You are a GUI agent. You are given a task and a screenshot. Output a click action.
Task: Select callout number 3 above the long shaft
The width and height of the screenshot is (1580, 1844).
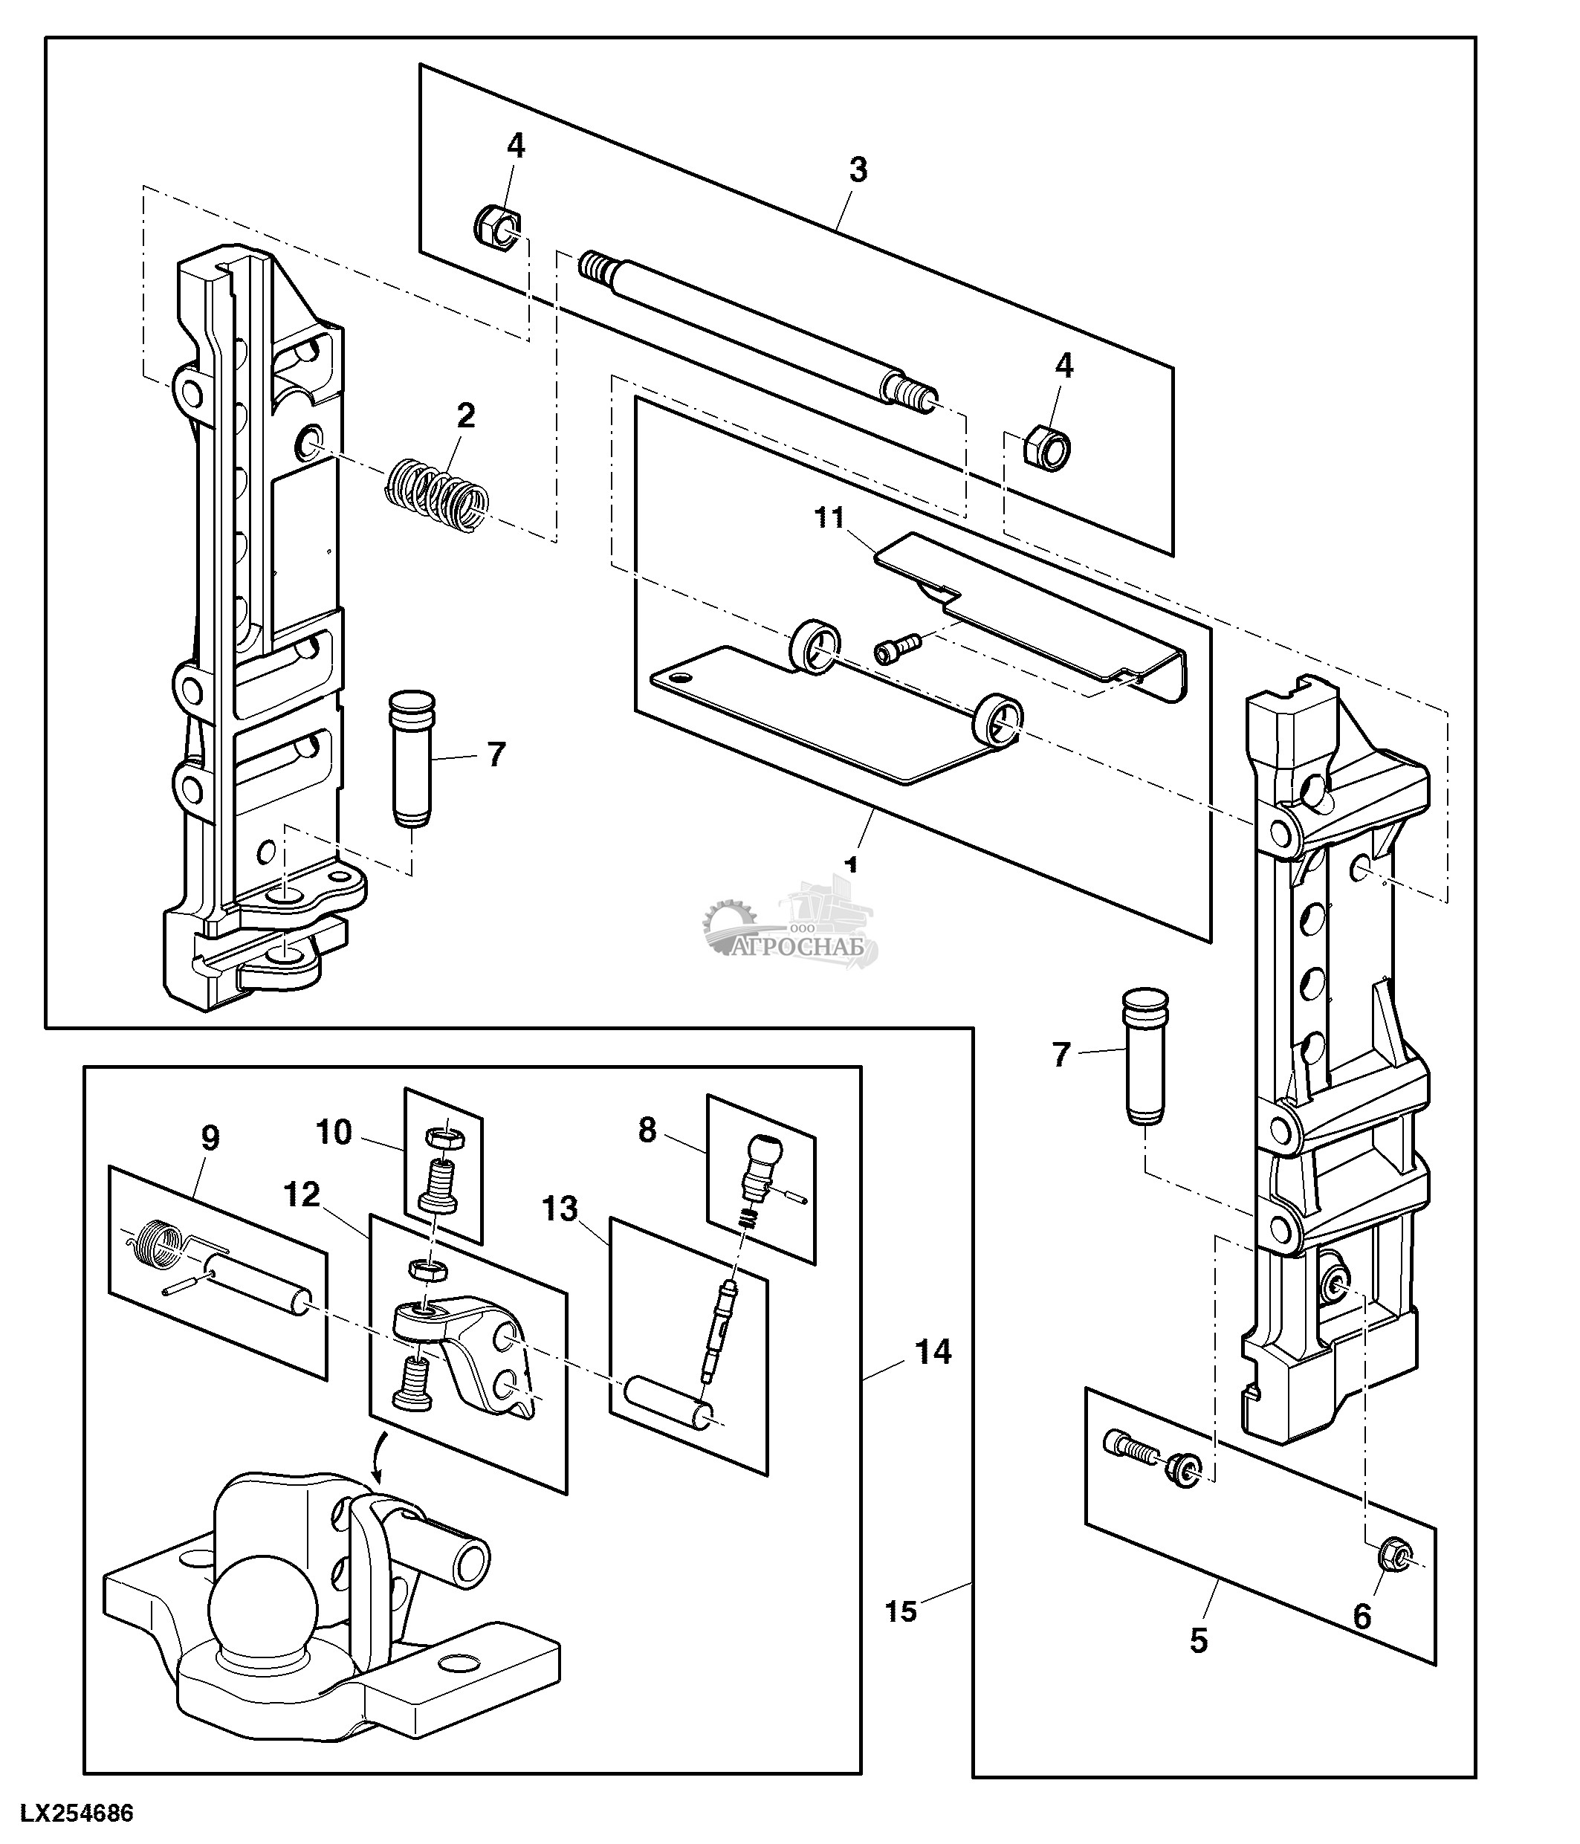[858, 169]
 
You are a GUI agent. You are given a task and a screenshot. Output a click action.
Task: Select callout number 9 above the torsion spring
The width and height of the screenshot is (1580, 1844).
[210, 1137]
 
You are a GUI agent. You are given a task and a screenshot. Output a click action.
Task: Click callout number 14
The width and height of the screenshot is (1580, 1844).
[933, 1352]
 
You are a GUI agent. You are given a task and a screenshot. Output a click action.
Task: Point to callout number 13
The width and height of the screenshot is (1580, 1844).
[560, 1209]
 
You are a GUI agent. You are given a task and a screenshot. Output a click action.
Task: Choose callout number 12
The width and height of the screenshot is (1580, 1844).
[302, 1195]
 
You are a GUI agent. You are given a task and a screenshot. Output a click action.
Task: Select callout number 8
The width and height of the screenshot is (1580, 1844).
[647, 1130]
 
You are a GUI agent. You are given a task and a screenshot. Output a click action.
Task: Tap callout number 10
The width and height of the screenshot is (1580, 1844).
[334, 1132]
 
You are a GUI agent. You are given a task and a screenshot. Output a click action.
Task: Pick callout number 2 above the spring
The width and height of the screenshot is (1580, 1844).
[465, 415]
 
